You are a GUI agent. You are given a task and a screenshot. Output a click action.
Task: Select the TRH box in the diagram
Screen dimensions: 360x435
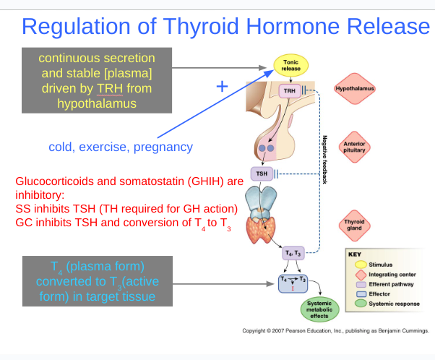pos(289,90)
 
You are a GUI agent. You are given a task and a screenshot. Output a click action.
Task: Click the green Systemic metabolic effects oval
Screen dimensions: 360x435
pos(319,309)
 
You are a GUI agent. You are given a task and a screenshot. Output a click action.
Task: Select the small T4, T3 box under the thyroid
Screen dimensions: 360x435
pos(293,253)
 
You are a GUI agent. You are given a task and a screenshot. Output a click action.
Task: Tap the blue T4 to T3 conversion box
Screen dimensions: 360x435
pos(293,282)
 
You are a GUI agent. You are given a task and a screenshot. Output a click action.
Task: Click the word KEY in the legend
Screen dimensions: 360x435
pos(354,254)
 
